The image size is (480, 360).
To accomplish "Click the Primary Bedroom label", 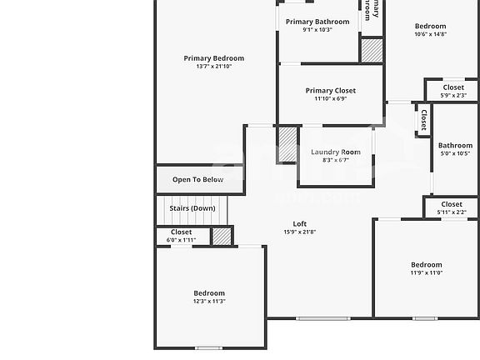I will (214, 58).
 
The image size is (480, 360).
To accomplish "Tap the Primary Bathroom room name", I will (317, 21).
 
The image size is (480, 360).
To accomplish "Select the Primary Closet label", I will (330, 90).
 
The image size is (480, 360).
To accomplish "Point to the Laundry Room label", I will (336, 152).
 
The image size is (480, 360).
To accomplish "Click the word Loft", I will (299, 223).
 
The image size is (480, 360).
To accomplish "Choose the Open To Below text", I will (197, 179).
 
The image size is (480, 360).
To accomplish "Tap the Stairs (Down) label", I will (192, 208).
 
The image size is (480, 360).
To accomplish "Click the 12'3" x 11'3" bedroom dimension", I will (209, 302).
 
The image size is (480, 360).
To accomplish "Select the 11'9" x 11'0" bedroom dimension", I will (426, 272).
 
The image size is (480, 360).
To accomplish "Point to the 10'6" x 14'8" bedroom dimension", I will (430, 34).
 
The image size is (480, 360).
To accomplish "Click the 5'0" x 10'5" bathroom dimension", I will (455, 153).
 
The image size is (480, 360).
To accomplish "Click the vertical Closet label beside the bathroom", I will (423, 121).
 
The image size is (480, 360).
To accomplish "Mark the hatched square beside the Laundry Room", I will (287, 145).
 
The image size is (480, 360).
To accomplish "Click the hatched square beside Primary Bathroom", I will (372, 50).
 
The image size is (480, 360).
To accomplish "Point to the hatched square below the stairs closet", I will (221, 236).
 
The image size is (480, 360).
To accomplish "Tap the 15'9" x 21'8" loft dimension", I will (299, 232).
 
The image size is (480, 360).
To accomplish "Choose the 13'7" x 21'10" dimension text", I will (214, 67).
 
